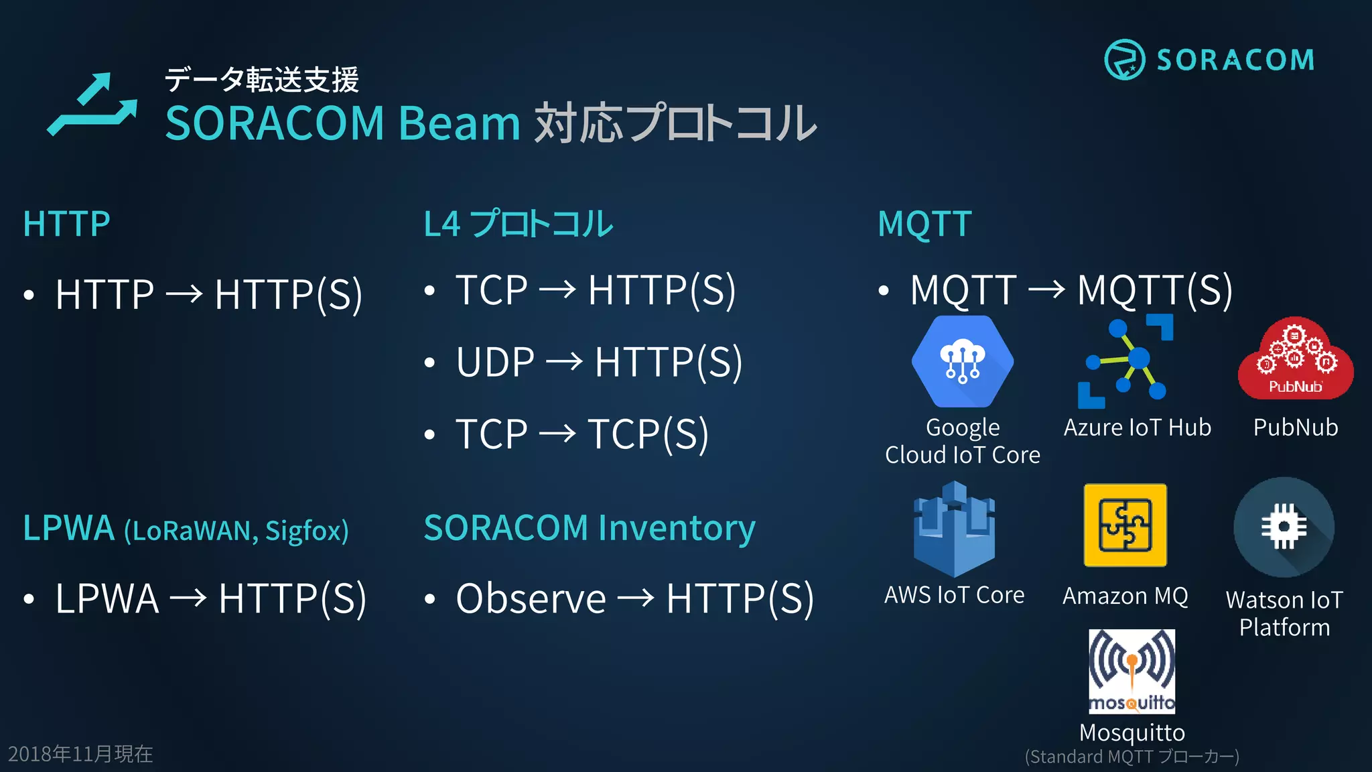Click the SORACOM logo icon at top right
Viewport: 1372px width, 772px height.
tap(1124, 60)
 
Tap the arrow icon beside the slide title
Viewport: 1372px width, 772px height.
tap(92, 105)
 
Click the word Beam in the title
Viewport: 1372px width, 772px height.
tap(459, 123)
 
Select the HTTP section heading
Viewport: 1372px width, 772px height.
tap(66, 224)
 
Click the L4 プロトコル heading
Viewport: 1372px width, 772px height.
tap(518, 224)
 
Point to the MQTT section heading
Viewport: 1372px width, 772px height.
tap(924, 224)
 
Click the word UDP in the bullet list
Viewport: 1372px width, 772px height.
tap(495, 363)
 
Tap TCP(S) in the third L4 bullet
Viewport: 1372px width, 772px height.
tap(648, 434)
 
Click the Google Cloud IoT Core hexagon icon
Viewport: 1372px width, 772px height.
tap(963, 362)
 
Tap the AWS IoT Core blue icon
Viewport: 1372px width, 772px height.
tap(954, 529)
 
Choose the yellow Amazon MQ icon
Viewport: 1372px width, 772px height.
tap(1125, 525)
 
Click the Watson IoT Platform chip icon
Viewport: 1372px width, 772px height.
tap(1284, 527)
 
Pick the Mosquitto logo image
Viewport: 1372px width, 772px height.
tap(1131, 671)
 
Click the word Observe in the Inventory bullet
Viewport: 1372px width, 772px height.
tap(531, 598)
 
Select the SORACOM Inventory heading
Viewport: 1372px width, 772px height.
tap(590, 528)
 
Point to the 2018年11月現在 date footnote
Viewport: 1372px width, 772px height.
tap(80, 755)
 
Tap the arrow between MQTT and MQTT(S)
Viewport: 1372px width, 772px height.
tap(1046, 290)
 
